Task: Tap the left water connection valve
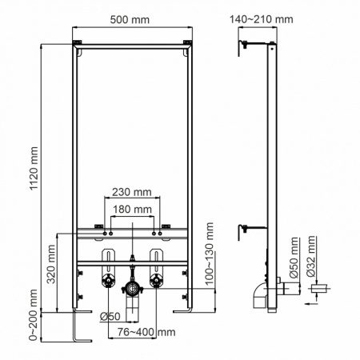(106, 282)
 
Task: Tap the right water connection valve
(158, 282)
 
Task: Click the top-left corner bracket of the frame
(78, 42)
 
